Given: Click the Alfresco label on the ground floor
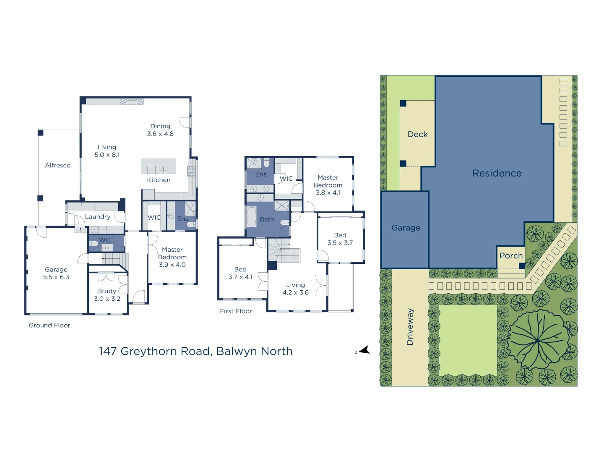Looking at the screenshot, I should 58,165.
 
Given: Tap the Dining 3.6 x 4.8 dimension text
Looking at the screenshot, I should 160,134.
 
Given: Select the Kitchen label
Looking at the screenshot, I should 159,180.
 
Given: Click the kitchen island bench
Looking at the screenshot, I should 158,166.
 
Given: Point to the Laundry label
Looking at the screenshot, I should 97,217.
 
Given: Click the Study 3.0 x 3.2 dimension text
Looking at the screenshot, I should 107,299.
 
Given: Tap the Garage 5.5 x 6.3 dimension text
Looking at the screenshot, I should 56,277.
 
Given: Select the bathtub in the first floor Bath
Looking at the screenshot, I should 251,217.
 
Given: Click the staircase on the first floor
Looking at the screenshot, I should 284,250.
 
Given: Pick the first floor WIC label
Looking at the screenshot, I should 286,179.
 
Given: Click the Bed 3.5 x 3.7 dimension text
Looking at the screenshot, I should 340,243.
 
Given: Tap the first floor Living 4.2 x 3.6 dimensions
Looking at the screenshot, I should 296,292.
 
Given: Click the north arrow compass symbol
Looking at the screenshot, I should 364,350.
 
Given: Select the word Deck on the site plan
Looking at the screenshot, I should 417,134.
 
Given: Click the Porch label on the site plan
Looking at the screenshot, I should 511,256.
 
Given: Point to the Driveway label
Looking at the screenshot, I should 410,327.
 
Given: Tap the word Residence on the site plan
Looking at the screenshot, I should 497,173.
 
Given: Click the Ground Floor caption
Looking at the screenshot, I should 49,325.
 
